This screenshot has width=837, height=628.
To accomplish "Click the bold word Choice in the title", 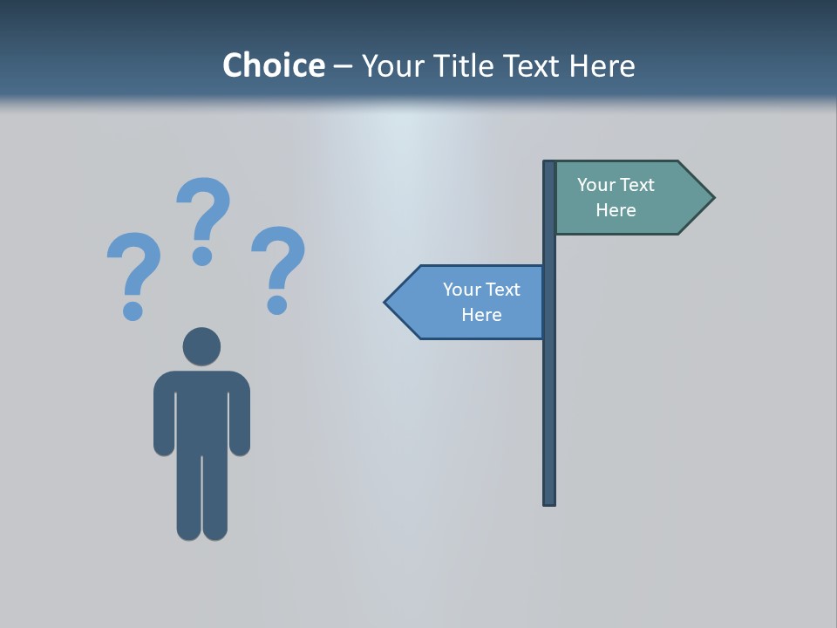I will click(273, 65).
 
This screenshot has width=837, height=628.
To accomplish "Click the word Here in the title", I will click(602, 65).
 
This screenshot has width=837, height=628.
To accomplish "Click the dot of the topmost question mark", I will click(202, 256).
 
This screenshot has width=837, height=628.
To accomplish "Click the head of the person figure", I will click(201, 346).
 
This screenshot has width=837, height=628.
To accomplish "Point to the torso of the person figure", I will click(201, 410).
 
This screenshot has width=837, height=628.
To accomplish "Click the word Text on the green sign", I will click(636, 185).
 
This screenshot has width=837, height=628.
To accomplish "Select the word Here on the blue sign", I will click(481, 315).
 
